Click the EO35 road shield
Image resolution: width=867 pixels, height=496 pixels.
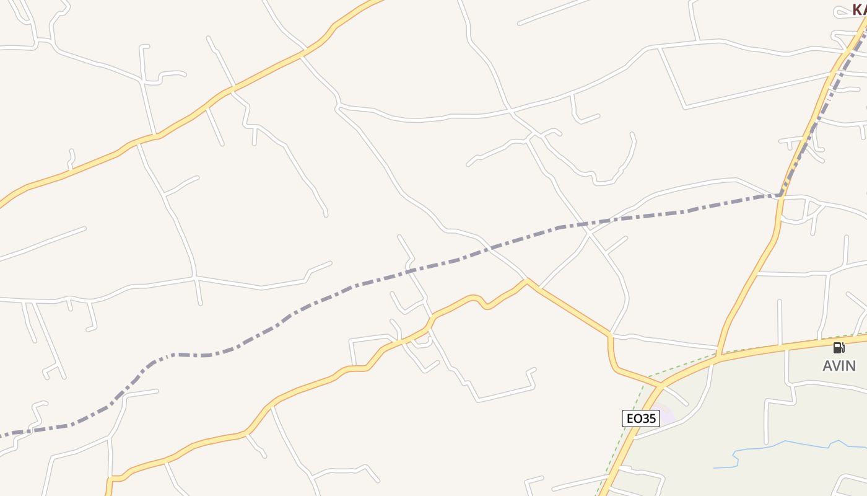(640, 418)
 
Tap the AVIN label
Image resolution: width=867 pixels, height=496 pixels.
(839, 366)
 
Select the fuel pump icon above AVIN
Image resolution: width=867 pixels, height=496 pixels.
(839, 348)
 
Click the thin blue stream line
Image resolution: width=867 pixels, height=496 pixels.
(786, 443)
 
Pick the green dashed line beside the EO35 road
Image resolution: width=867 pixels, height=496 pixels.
(638, 397)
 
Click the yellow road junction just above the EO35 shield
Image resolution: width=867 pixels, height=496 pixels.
(661, 386)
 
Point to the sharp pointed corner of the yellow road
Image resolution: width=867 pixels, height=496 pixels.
(526, 280)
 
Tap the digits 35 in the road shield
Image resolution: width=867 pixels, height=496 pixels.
(648, 418)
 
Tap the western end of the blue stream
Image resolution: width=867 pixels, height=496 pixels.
(715, 467)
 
